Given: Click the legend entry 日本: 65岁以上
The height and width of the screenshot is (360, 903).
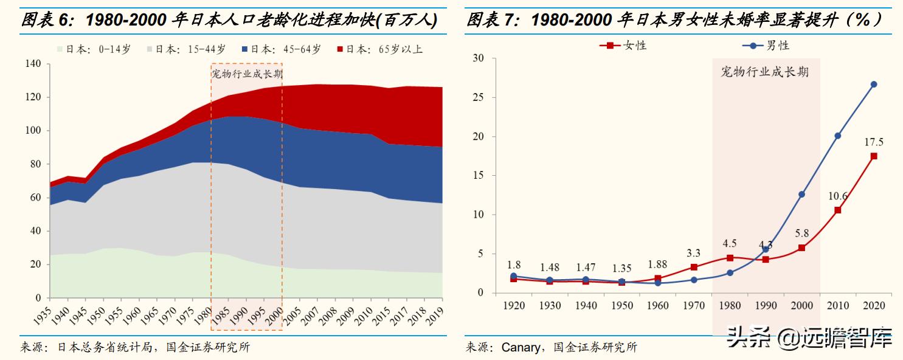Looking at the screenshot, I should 379,50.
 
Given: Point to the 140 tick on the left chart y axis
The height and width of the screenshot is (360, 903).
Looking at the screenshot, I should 33,64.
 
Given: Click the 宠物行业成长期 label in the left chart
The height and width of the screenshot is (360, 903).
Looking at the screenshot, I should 246,74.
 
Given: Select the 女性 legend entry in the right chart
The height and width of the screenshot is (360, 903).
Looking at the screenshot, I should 623,45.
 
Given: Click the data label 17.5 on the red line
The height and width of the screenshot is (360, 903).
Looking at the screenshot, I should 873,142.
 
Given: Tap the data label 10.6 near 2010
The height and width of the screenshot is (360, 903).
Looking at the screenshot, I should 837,196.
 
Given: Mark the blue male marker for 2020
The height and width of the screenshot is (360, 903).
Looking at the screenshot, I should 873,85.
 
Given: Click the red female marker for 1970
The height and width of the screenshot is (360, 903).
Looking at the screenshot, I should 694,267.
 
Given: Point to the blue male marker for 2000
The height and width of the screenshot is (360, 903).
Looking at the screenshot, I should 801,195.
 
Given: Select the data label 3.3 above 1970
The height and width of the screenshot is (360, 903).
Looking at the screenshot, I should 694,252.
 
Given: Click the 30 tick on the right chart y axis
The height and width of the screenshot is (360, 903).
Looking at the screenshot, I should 478,58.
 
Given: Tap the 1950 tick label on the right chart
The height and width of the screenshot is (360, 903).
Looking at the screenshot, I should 622,305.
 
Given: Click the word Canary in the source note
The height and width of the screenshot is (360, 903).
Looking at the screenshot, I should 521,348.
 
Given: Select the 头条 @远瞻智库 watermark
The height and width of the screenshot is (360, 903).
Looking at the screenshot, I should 809,336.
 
